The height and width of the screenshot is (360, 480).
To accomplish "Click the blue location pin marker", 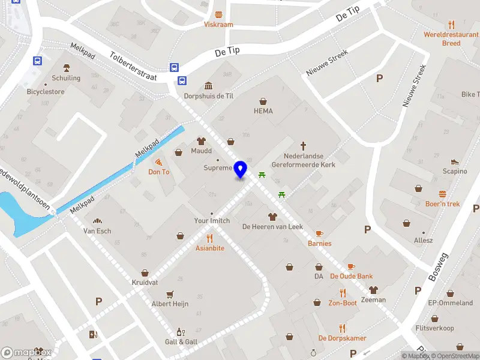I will [241, 169].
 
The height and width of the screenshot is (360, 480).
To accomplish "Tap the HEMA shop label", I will [263, 111].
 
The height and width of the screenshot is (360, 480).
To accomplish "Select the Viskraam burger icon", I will [218, 14].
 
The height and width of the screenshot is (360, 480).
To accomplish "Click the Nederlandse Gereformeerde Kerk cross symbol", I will [304, 146].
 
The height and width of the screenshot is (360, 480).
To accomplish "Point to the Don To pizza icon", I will [159, 162].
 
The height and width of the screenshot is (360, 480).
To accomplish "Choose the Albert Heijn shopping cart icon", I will [170, 294].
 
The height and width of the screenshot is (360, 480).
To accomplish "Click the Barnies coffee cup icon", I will [319, 233].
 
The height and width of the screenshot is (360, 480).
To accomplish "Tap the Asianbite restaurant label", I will [210, 248].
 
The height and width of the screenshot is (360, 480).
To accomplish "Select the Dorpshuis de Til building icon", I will [208, 85].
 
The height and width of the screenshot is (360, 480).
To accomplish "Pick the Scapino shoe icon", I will [454, 161].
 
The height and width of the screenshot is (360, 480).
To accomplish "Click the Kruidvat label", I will [145, 282].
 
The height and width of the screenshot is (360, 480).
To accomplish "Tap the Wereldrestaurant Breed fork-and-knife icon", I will [451, 25].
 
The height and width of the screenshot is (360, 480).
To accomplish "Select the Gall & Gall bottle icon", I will [179, 332].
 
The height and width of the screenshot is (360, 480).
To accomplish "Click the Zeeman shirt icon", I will [373, 290].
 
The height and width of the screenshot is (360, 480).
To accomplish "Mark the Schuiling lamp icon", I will [66, 68].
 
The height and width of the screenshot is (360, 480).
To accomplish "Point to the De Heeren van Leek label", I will [272, 226].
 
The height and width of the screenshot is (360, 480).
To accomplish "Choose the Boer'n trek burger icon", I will [442, 194].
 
